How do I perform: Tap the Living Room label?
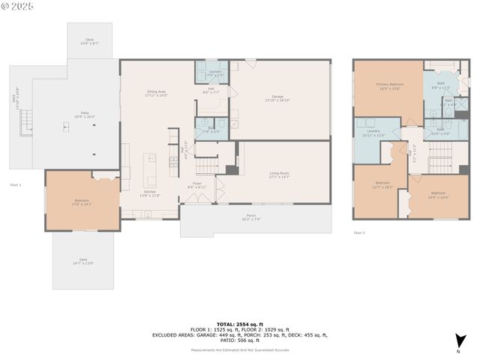(280, 175)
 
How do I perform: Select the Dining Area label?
(157, 94)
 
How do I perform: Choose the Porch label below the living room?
(256, 217)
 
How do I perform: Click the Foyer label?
(197, 184)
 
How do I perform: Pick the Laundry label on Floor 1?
(214, 73)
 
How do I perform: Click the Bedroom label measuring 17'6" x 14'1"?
(82, 202)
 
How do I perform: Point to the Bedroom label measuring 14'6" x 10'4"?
(438, 196)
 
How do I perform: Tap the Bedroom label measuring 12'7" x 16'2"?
(382, 184)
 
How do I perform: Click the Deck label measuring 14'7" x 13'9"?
(82, 262)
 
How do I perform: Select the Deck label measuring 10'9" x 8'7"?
(90, 42)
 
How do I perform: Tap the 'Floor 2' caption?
(359, 233)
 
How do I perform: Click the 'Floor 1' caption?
(16, 184)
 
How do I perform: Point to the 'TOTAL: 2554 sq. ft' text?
(239, 324)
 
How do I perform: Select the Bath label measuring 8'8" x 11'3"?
(440, 86)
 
